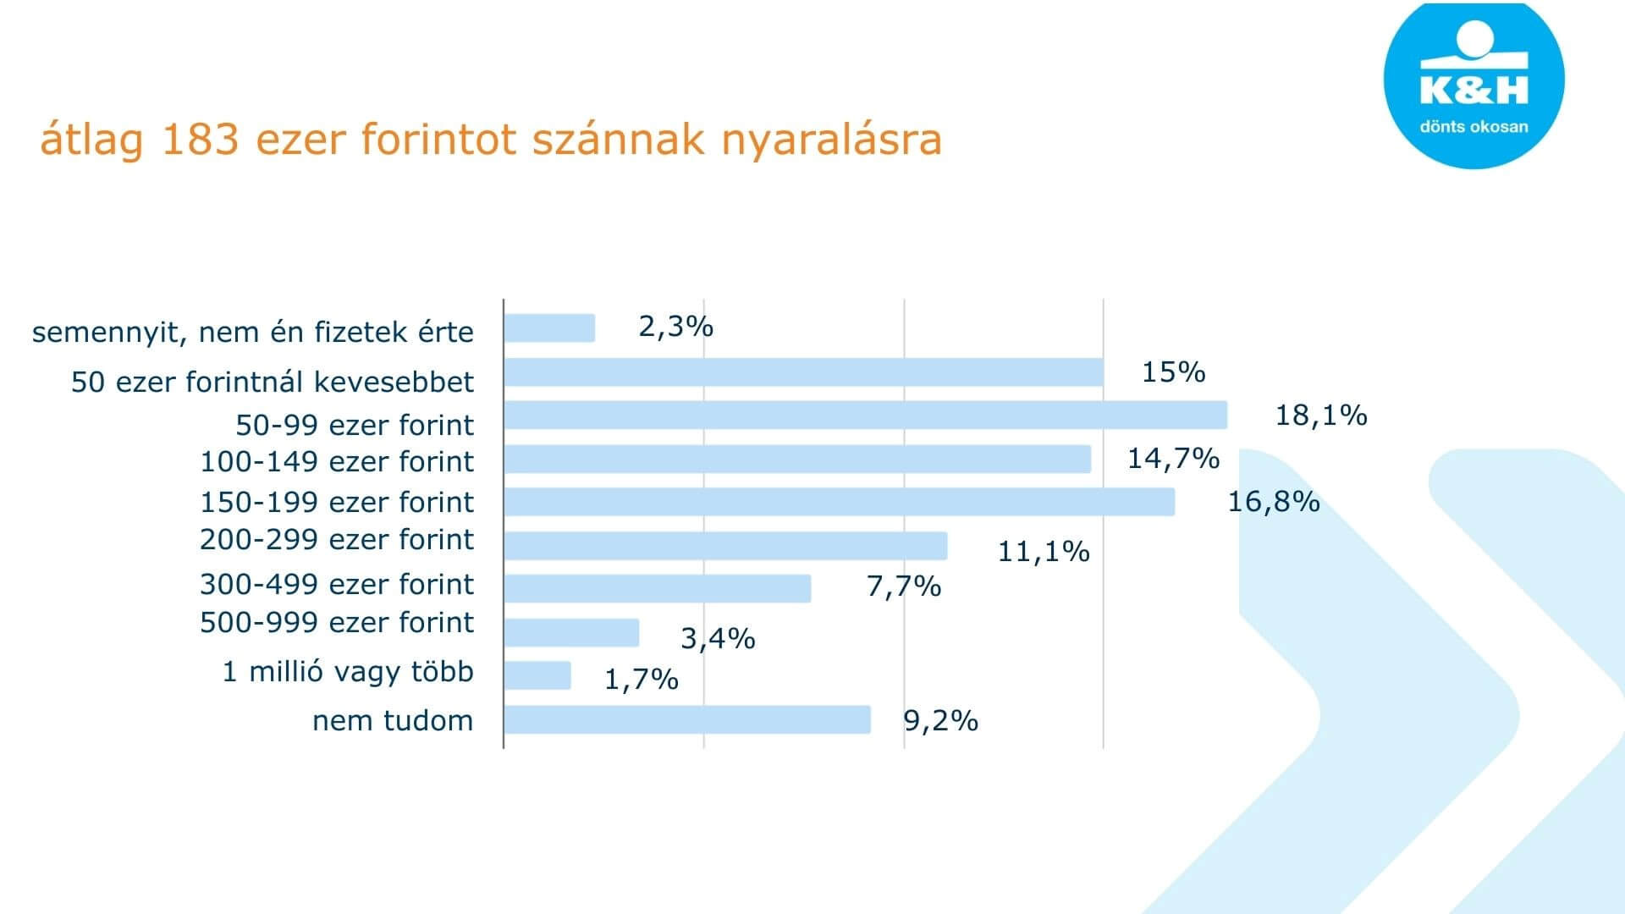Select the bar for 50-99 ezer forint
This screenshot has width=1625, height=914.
click(x=865, y=416)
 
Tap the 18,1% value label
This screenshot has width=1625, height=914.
click(x=1321, y=416)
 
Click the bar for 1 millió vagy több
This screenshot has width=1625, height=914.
click(x=537, y=675)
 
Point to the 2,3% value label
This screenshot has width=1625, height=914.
click(x=675, y=327)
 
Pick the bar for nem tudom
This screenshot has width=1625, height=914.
click(x=687, y=719)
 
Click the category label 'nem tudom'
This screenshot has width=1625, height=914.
click(x=393, y=721)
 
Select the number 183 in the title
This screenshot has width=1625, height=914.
click(x=200, y=140)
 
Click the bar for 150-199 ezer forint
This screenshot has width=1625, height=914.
click(x=840, y=502)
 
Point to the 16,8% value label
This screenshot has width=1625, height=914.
click(x=1274, y=502)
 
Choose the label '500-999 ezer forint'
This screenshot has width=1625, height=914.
click(x=337, y=623)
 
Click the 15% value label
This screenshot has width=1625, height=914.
click(x=1173, y=372)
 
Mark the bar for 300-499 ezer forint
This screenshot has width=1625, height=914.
click(x=658, y=588)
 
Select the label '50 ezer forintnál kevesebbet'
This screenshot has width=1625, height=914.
click(x=273, y=383)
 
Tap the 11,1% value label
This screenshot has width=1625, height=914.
click(x=1044, y=552)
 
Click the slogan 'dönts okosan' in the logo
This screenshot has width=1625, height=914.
click(x=1474, y=127)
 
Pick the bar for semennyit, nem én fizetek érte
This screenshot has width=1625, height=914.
click(x=549, y=328)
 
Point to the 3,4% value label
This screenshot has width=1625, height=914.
click(x=718, y=639)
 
